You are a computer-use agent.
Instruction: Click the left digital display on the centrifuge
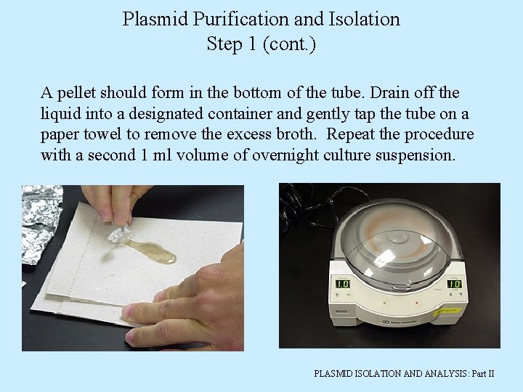point(341,283)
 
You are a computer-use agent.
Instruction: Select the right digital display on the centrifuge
point(453,284)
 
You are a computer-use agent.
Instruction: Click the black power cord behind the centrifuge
point(298,200)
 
